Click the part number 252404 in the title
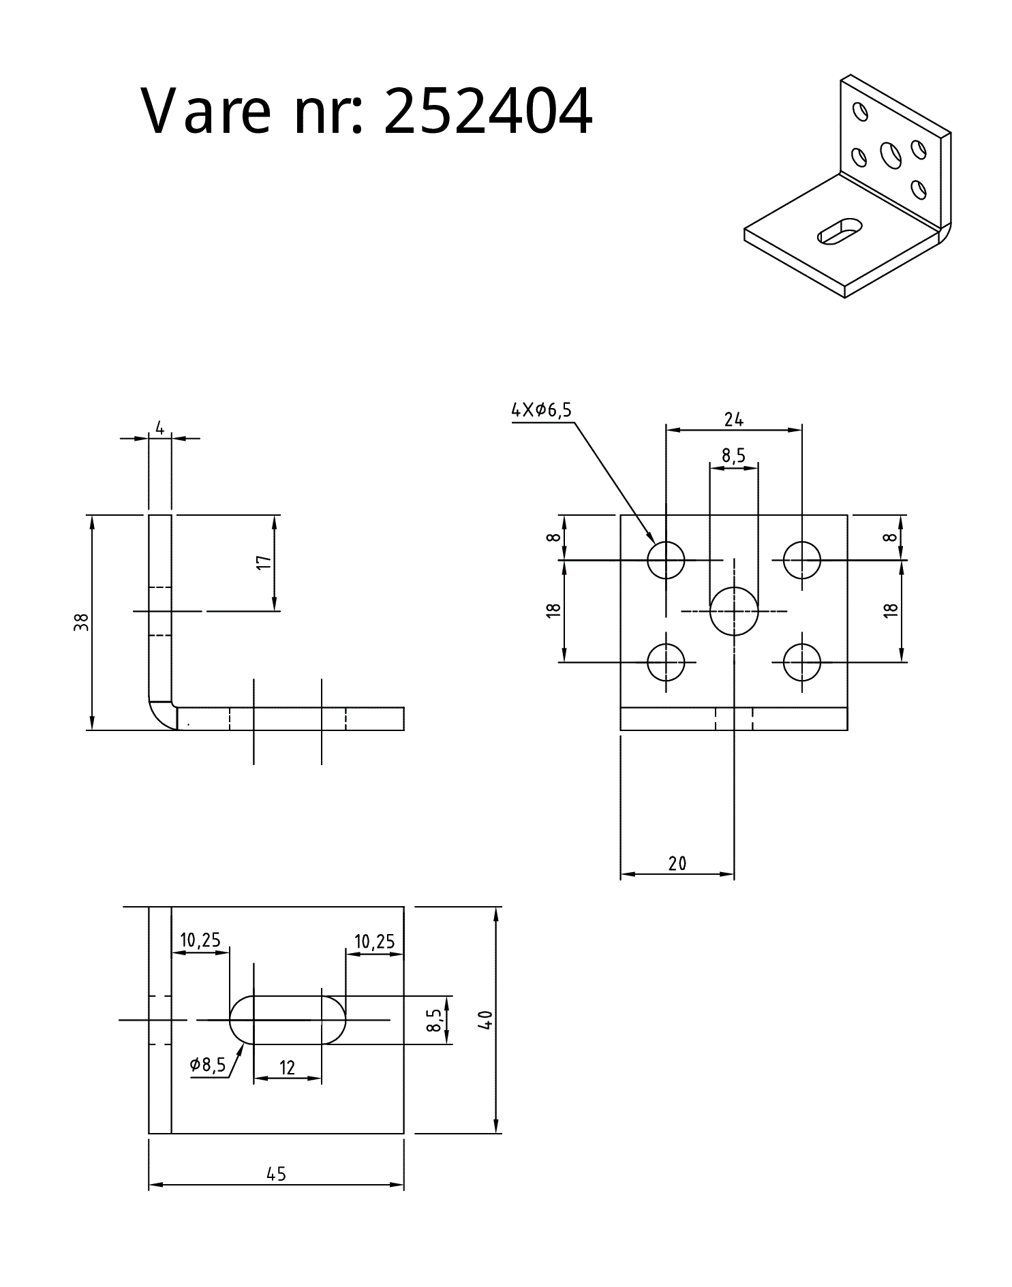(488, 111)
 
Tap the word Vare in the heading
(206, 111)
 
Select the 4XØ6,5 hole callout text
(541, 410)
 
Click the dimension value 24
(733, 420)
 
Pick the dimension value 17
(264, 563)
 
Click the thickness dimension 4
(159, 428)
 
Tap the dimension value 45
(277, 1175)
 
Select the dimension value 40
(485, 1020)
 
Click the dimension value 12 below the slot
(287, 1068)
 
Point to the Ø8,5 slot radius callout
(208, 1065)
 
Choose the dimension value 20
(677, 864)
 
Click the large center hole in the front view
(734, 611)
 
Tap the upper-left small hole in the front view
(666, 560)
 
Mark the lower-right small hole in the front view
(802, 662)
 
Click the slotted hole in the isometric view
(840, 230)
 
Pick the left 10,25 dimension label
(200, 940)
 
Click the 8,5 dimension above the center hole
(733, 455)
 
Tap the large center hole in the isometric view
(891, 155)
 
